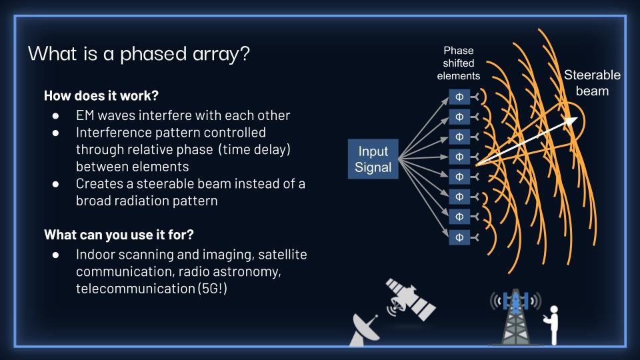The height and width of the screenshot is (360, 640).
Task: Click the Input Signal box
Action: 373,159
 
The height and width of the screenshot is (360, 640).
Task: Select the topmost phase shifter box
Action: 459,96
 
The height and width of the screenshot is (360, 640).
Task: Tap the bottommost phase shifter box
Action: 459,237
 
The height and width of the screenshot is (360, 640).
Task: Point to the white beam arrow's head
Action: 573,121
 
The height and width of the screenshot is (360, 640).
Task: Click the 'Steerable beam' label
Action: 591,83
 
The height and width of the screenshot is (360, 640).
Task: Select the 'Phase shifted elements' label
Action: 458,63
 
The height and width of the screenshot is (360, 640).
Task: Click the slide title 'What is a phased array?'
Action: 139,53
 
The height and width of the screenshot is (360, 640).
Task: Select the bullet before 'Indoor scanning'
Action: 57,255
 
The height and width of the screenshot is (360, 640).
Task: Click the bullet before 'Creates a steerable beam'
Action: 57,184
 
